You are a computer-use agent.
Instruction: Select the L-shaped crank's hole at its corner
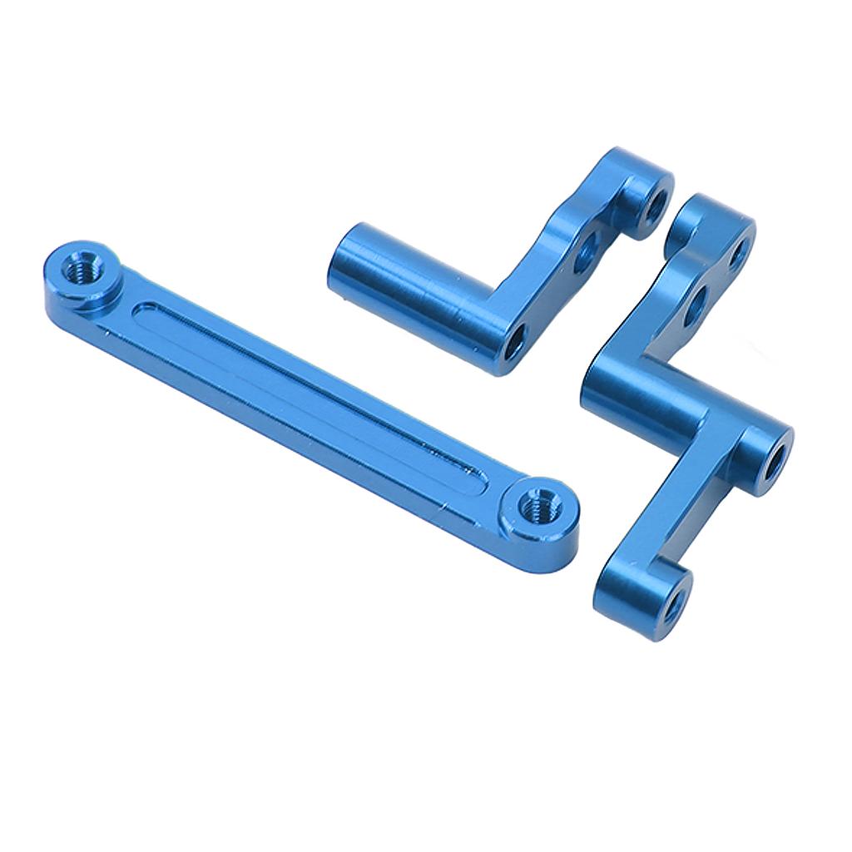coord(515,339)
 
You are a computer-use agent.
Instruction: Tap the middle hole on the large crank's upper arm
coord(696,305)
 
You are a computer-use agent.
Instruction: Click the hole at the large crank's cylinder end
coord(773,458)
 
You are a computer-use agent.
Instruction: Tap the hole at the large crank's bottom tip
coord(672,604)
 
